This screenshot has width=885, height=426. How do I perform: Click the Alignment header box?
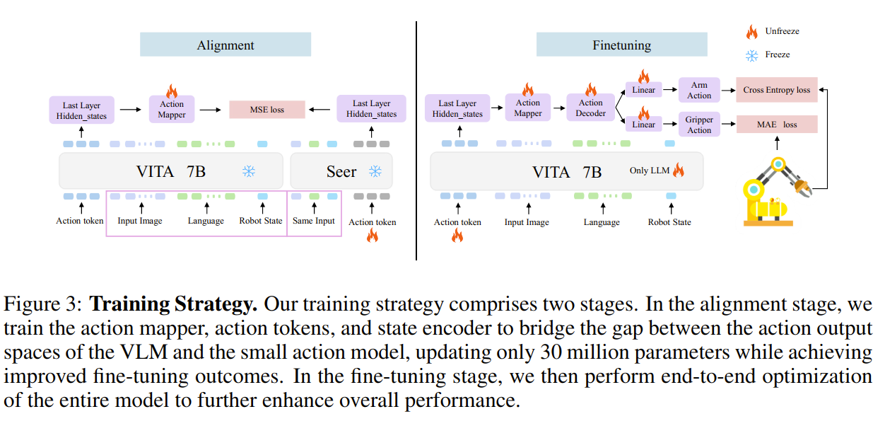(x=225, y=45)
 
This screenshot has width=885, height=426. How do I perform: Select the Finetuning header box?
(x=621, y=45)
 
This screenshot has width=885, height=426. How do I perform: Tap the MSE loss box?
(x=266, y=110)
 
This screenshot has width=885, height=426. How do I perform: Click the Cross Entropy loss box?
(x=776, y=90)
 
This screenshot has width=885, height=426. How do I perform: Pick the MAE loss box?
(x=776, y=125)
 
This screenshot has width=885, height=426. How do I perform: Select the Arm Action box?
(x=698, y=91)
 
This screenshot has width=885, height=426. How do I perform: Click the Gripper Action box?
(x=698, y=125)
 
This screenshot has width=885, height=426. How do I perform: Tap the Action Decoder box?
(x=590, y=108)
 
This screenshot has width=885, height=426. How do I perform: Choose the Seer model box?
(x=341, y=171)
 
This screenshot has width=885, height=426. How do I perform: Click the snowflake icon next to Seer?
(x=376, y=171)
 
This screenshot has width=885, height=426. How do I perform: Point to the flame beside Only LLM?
(x=679, y=171)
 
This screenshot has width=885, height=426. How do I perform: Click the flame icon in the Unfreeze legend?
(x=751, y=32)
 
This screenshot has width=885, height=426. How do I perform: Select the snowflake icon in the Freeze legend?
(x=751, y=54)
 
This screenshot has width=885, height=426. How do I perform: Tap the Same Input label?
(x=314, y=221)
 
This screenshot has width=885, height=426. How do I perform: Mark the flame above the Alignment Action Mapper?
(x=171, y=91)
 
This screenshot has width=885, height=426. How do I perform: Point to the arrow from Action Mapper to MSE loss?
(x=209, y=110)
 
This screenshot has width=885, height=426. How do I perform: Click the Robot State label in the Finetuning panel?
(x=669, y=222)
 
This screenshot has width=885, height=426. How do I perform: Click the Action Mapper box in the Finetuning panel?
(x=527, y=108)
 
